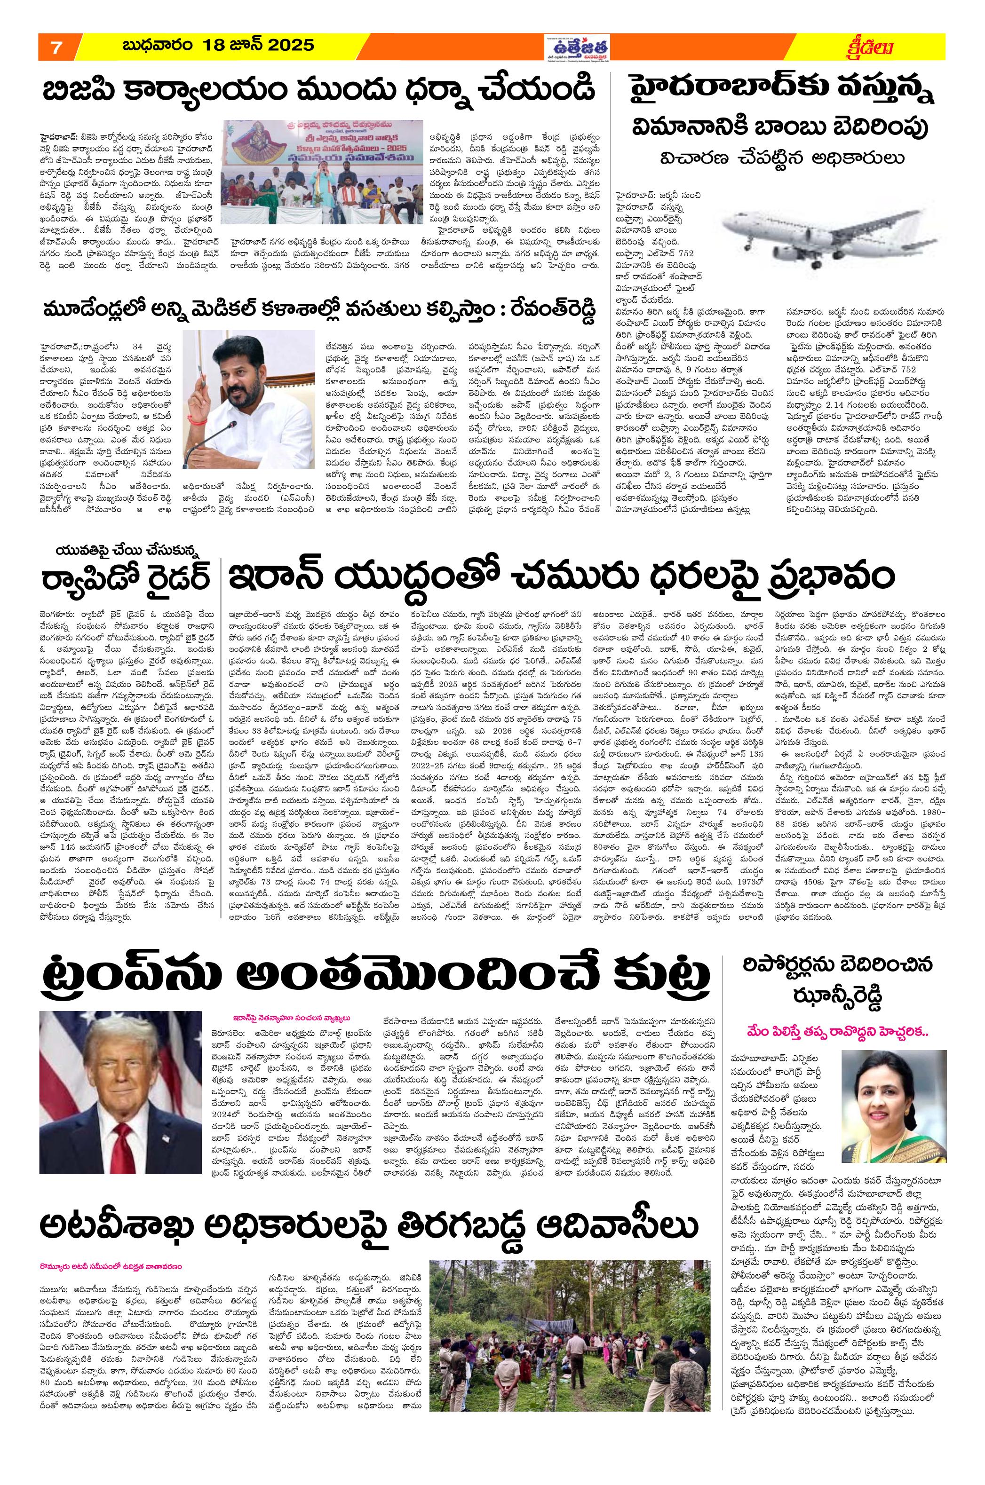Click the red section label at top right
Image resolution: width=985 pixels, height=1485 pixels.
click(871, 47)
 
